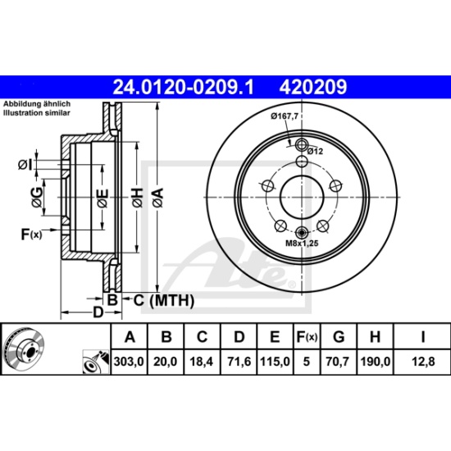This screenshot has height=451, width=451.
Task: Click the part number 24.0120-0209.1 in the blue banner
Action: [x=184, y=87]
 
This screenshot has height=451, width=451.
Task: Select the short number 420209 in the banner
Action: [x=313, y=87]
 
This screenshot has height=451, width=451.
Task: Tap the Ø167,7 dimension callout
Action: [x=284, y=116]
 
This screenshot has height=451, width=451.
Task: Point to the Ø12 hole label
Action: [x=315, y=151]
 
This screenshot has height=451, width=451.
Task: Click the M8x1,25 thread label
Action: [x=302, y=243]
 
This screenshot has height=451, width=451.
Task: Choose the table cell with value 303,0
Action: [x=129, y=362]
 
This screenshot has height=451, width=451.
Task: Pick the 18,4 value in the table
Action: [x=202, y=362]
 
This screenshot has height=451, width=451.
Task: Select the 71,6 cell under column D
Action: [x=239, y=362]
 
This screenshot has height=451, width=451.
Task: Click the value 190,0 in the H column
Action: [x=375, y=362]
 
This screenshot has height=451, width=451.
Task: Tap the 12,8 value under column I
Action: [x=423, y=362]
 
